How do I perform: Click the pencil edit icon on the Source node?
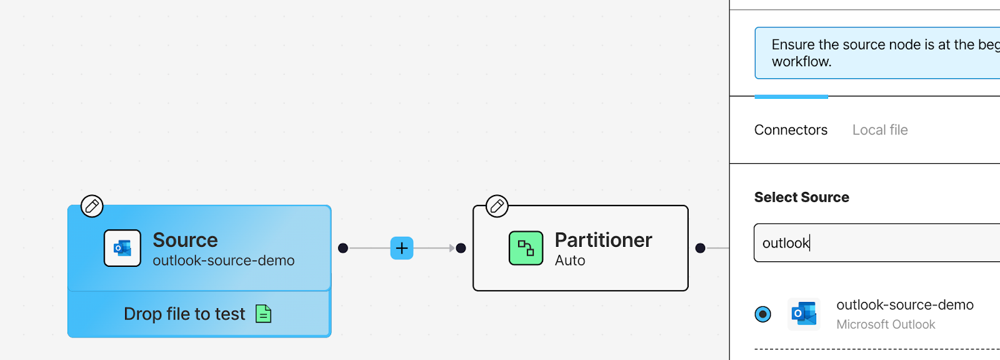tap(92, 206)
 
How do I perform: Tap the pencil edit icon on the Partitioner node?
tap(497, 206)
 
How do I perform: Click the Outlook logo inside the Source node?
tap(122, 248)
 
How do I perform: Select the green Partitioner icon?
tap(526, 248)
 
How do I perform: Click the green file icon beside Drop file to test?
tap(263, 314)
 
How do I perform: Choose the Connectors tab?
tap(791, 130)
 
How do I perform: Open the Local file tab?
tap(880, 130)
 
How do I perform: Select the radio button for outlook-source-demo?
tap(763, 314)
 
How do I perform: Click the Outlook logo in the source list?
tap(804, 314)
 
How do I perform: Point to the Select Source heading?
tap(802, 197)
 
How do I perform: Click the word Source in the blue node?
tap(185, 240)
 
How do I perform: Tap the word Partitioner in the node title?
tap(603, 240)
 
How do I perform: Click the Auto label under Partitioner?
tap(569, 261)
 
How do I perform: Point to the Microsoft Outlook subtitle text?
tap(886, 324)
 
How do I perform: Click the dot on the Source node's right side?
tap(343, 248)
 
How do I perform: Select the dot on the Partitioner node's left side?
tap(461, 248)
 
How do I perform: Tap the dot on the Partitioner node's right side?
tap(701, 248)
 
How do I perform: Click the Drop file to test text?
tap(184, 314)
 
